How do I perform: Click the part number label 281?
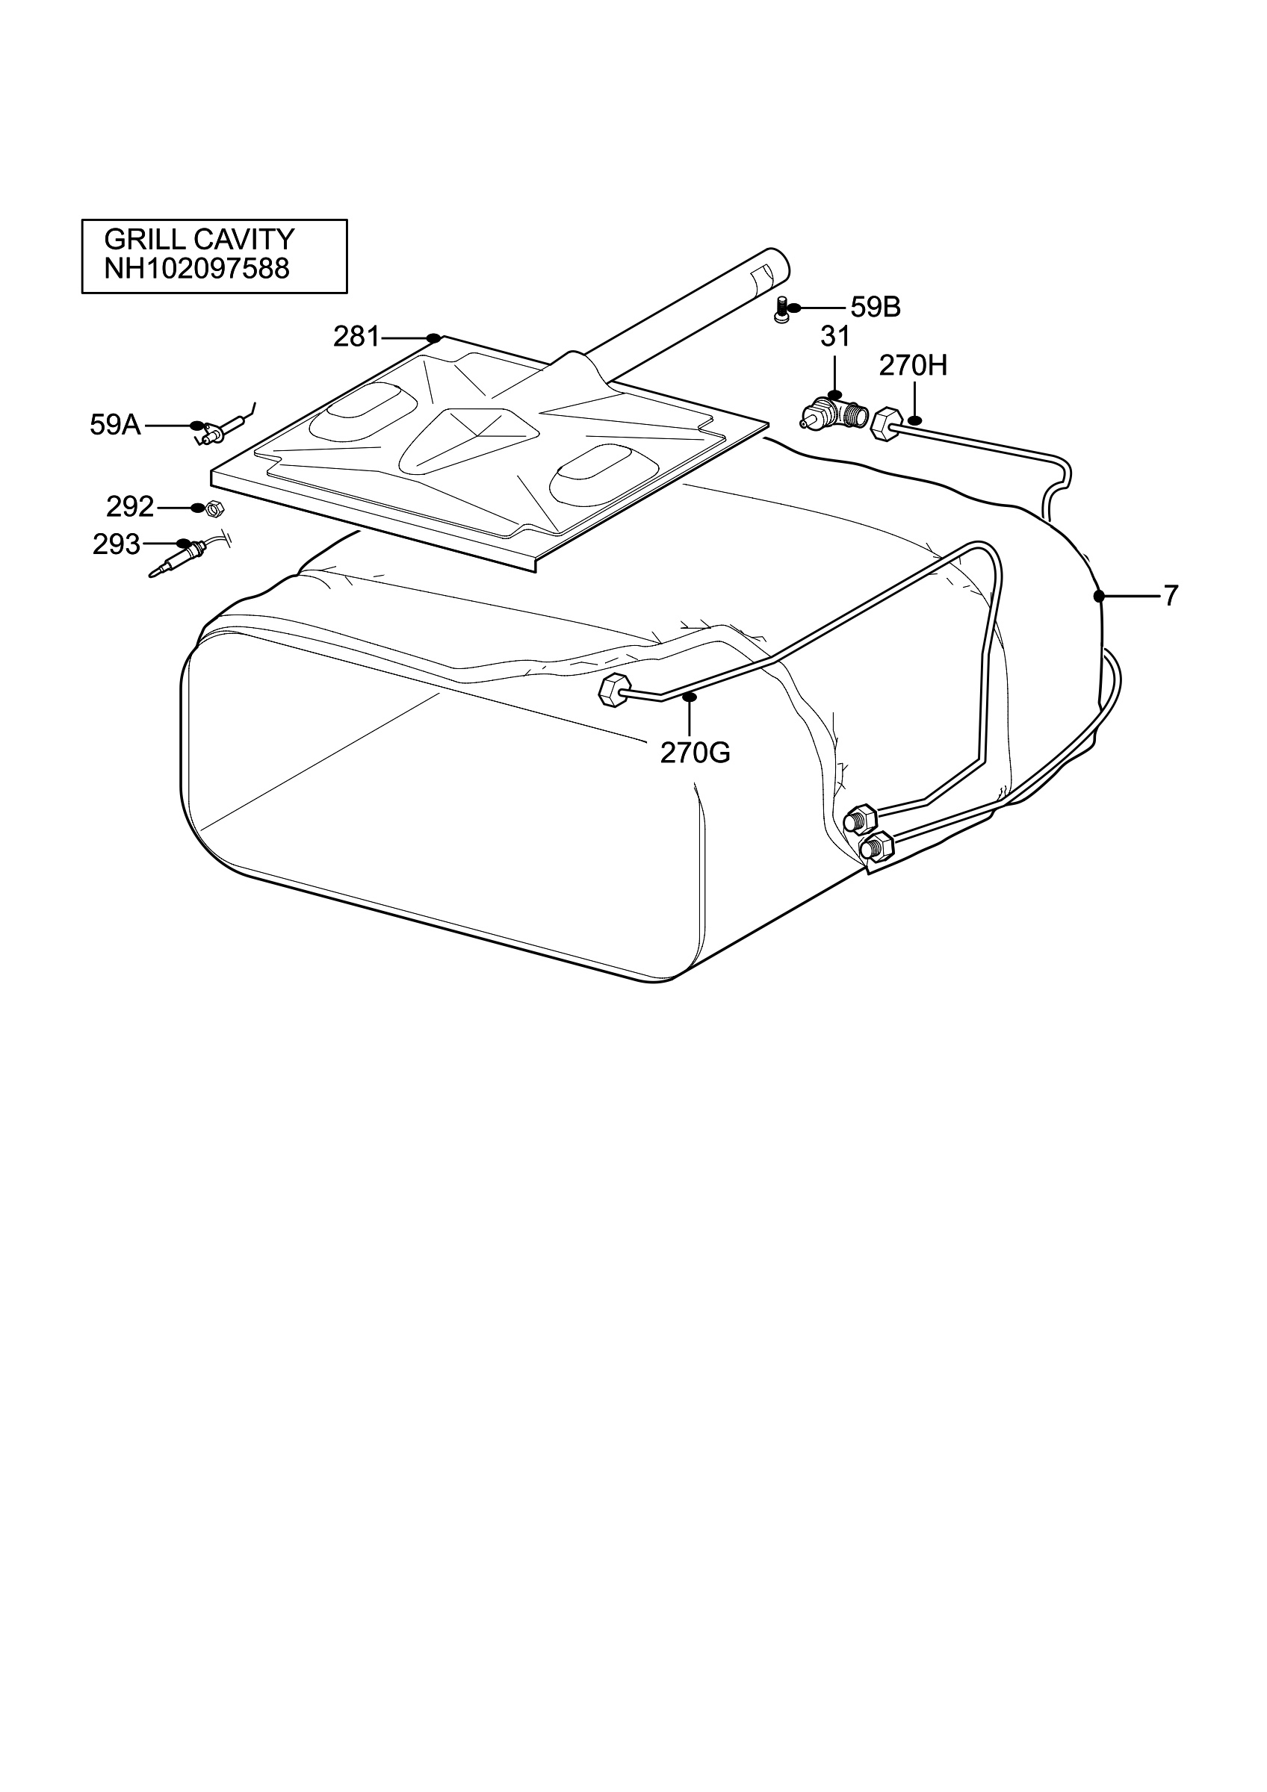click(x=356, y=337)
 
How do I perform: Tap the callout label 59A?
click(x=116, y=426)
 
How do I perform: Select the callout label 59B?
click(x=875, y=308)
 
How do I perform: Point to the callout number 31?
click(x=834, y=337)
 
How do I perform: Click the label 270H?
click(x=913, y=365)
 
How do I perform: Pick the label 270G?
click(x=695, y=753)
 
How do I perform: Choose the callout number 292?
click(x=131, y=507)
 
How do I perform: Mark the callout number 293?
click(x=117, y=544)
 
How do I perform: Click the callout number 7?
click(x=1170, y=597)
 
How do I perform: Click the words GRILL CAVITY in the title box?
click(x=199, y=239)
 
